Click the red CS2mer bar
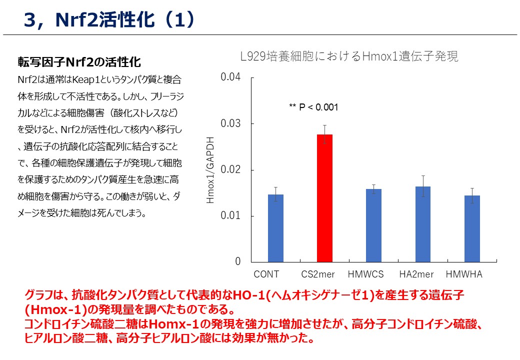click(x=324, y=198)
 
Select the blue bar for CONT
click(x=275, y=228)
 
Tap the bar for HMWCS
click(x=373, y=225)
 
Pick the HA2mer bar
click(x=422, y=224)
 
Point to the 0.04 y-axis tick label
click(x=230, y=77)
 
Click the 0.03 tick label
click(x=230, y=123)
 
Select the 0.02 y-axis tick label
click(x=230, y=170)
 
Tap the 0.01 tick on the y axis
click(x=230, y=216)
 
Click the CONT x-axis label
click(x=266, y=274)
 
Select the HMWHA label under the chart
click(x=463, y=274)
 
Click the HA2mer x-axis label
click(x=416, y=274)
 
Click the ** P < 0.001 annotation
click(x=313, y=107)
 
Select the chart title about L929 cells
click(x=348, y=56)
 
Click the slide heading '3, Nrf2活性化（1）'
click(x=108, y=20)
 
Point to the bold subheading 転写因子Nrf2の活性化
click(x=79, y=62)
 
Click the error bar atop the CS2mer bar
click(x=324, y=129)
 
